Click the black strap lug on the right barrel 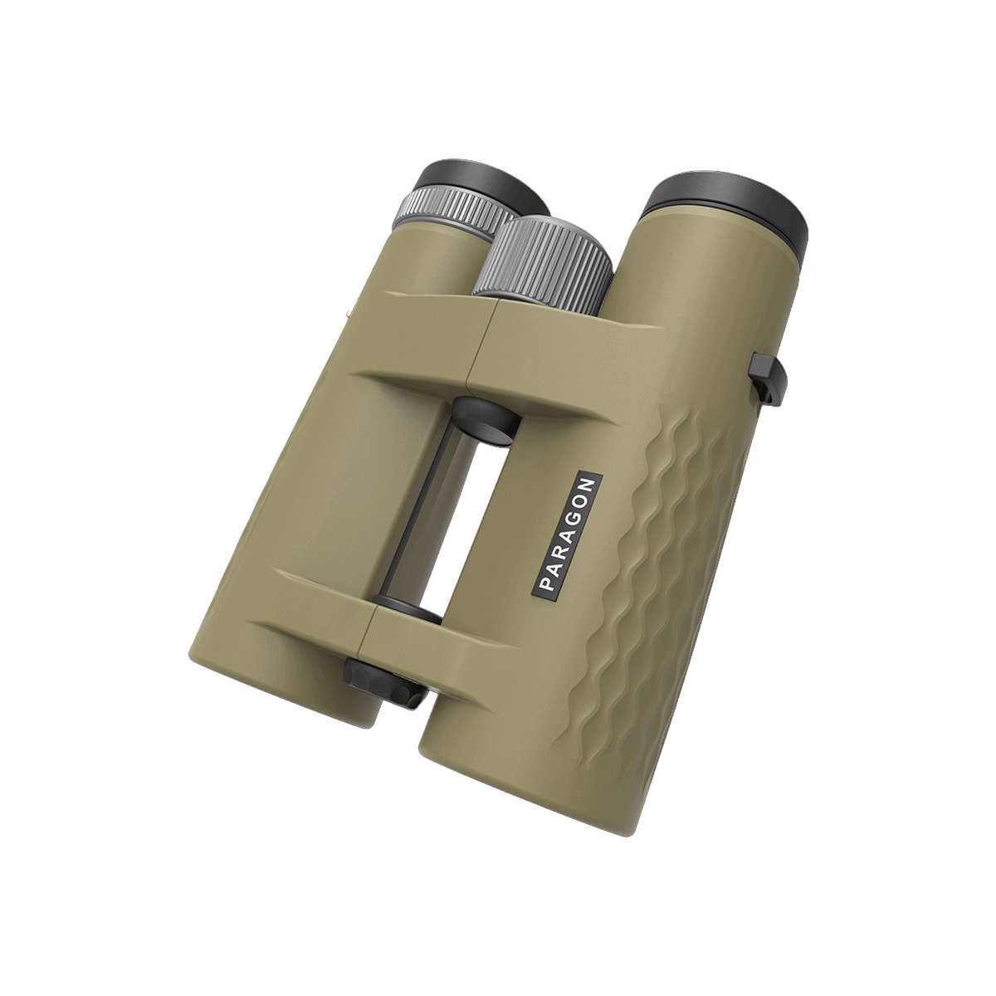pyautogui.click(x=767, y=378)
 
